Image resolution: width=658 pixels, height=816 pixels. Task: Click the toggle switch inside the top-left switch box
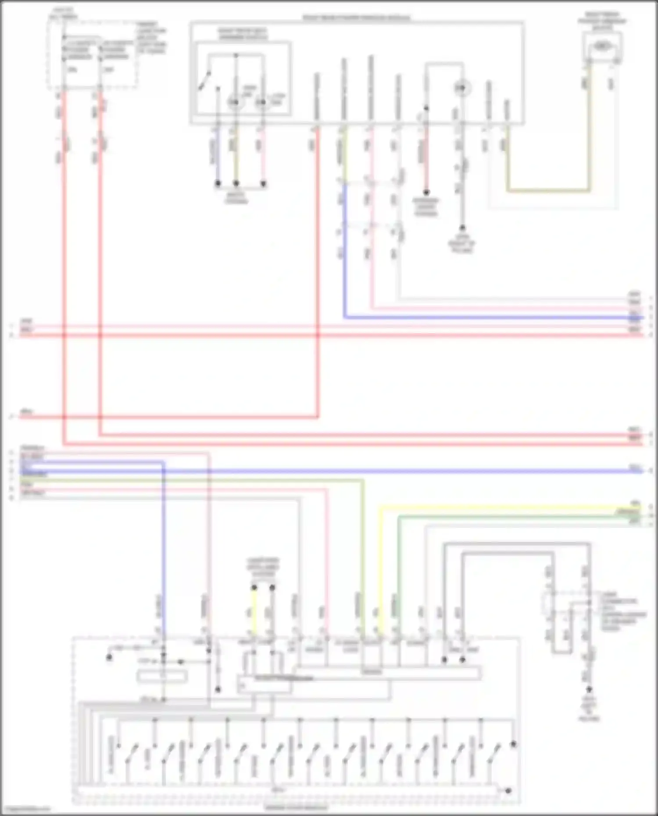point(204,81)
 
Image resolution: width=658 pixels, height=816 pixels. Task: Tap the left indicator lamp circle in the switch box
point(235,102)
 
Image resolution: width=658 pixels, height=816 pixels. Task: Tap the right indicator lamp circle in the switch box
point(262,102)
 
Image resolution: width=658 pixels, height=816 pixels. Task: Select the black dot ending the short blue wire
point(218,184)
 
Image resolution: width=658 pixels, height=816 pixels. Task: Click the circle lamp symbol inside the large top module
point(461,89)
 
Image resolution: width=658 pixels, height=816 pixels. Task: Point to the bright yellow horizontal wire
point(504,509)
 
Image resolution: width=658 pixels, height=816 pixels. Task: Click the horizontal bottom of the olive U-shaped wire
point(548,191)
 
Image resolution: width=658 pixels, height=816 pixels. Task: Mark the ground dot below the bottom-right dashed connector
point(589,689)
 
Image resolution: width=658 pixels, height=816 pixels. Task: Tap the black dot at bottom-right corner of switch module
point(508,791)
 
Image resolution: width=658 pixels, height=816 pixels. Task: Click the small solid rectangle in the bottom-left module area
point(162,677)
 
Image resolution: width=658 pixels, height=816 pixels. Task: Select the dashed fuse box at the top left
point(92,55)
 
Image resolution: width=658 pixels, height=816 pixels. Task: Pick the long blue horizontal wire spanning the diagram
point(395,471)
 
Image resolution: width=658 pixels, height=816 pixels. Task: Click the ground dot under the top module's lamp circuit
point(461,228)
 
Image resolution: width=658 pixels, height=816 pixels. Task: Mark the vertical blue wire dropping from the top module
point(344,250)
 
